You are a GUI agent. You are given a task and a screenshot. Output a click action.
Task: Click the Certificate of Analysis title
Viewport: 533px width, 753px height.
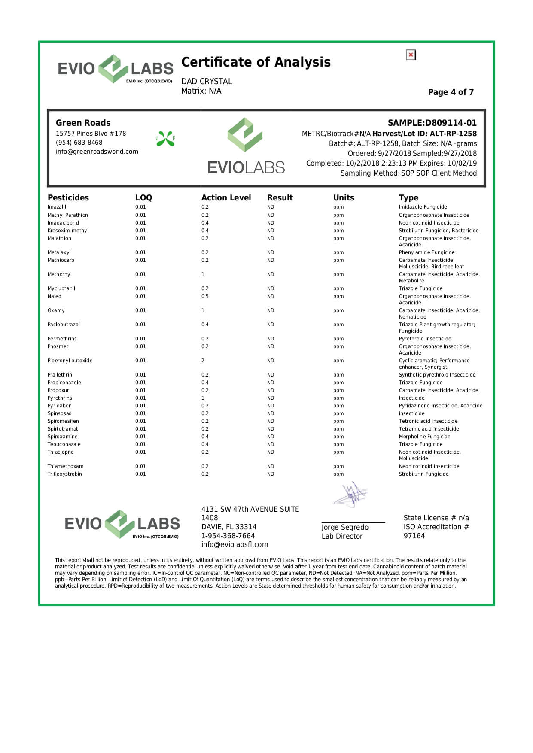coord(256,62)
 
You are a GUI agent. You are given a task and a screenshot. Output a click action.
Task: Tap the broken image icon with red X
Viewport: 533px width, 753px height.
coord(411,55)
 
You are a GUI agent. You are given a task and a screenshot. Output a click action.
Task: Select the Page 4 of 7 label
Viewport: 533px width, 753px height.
coord(451,92)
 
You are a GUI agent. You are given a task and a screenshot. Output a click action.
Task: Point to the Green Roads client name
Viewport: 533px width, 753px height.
coord(83,123)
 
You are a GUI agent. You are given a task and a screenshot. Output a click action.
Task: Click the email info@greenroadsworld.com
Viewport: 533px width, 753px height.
coord(97,152)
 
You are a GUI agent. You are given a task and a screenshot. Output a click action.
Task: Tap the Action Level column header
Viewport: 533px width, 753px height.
coord(226,198)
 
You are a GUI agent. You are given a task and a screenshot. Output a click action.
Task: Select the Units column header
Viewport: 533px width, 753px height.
coord(344,198)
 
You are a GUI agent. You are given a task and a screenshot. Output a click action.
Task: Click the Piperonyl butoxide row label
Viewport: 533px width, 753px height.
coord(70,361)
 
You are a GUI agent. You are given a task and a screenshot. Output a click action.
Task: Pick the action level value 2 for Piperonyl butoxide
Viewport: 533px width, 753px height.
coord(203,361)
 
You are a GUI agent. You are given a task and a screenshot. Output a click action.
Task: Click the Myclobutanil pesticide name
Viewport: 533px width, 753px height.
coord(61,288)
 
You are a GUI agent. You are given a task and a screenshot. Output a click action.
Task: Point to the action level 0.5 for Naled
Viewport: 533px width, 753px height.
coord(205,296)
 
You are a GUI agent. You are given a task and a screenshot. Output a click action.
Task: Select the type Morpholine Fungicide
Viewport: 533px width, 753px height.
coord(424,437)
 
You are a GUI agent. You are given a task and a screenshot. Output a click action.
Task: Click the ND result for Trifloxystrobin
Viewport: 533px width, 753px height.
coord(270,474)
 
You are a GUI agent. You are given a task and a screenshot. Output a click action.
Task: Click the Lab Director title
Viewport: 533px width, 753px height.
coord(342,536)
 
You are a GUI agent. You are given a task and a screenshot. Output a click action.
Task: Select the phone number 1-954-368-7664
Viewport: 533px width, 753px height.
coord(228,536)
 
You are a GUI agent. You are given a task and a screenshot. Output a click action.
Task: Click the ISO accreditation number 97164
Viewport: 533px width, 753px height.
coord(414,536)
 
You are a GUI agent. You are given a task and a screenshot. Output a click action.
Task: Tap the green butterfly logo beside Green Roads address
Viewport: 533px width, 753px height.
coord(165,139)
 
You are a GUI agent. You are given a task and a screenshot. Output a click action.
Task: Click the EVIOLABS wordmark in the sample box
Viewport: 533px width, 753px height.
coord(246,167)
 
